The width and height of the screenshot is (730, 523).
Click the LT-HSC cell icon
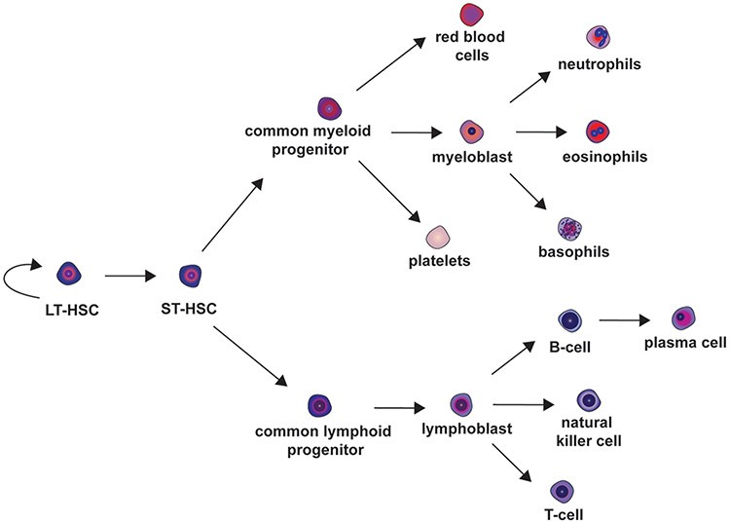[69, 275]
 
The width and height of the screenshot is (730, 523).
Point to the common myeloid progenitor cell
[330, 108]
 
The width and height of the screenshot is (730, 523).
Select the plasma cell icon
[685, 318]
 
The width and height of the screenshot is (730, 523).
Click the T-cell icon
[562, 489]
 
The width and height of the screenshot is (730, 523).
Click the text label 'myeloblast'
[470, 156]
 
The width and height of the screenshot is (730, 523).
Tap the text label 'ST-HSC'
[190, 310]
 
